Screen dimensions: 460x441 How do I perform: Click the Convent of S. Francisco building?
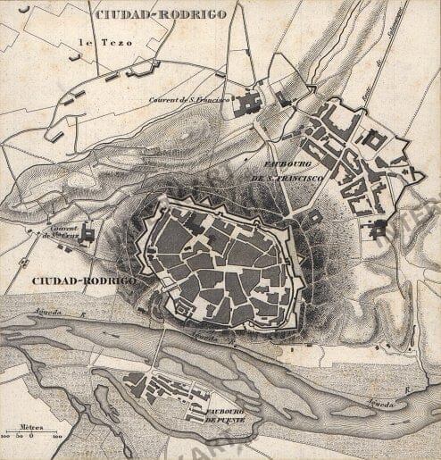click(247, 104)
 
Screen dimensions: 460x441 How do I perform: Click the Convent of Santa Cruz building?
click(87, 234)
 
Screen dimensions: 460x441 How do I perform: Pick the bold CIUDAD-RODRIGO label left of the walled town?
click(83, 280)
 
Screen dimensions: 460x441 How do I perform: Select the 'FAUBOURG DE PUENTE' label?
click(218, 414)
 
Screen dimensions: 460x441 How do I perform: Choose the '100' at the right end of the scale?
click(57, 437)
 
